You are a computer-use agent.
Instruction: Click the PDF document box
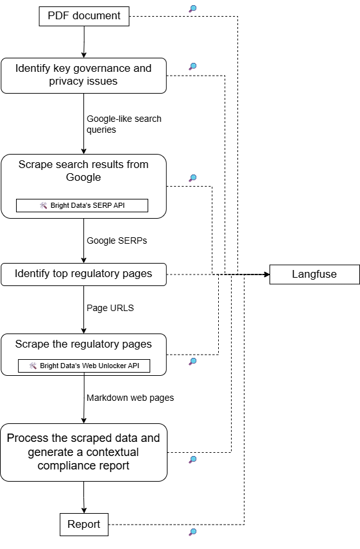click(x=84, y=16)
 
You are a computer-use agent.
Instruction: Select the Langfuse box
click(x=314, y=274)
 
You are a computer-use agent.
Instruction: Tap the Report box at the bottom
click(x=84, y=524)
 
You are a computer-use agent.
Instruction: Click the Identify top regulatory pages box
click(x=84, y=274)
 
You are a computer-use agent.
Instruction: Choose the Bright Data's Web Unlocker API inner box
click(x=84, y=366)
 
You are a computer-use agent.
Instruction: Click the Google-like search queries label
click(x=124, y=124)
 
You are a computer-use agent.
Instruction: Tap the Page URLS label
click(x=110, y=308)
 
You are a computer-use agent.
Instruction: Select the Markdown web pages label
click(x=130, y=398)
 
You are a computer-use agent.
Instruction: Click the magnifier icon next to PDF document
click(x=193, y=9)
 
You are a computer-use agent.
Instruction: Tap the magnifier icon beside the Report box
click(x=193, y=532)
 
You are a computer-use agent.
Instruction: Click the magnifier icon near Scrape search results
click(x=193, y=178)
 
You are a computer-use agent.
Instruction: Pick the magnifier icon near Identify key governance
click(x=193, y=66)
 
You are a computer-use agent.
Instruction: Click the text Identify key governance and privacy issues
click(x=84, y=75)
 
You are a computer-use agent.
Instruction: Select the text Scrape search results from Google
click(x=84, y=171)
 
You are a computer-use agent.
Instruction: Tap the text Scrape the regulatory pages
click(x=84, y=344)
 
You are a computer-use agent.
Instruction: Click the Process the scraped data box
click(x=84, y=452)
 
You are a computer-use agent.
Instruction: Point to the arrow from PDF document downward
click(x=84, y=42)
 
